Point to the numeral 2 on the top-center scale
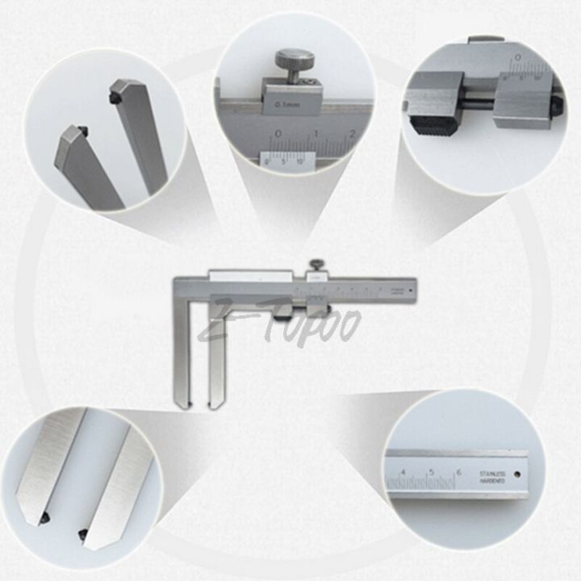click(352, 133)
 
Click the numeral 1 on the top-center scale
click(316, 133)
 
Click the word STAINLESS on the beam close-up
click(491, 472)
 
